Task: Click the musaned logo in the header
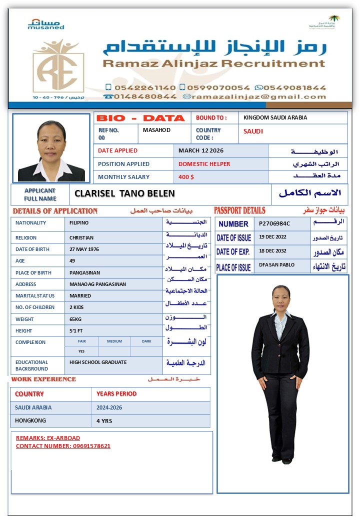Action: (45, 24)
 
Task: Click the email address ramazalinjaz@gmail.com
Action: (259, 96)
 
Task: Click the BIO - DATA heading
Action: (140, 118)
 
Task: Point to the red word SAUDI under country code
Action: (253, 131)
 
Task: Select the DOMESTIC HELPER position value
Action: (204, 164)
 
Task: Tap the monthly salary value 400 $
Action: (186, 177)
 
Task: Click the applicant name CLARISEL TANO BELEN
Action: (124, 194)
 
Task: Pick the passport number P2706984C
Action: (274, 223)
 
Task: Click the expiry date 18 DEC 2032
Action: (272, 250)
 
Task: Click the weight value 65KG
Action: (76, 319)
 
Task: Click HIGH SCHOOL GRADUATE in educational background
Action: (98, 362)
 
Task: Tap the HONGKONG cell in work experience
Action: (30, 421)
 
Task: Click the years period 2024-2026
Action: (109, 407)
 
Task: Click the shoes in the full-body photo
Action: (281, 458)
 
